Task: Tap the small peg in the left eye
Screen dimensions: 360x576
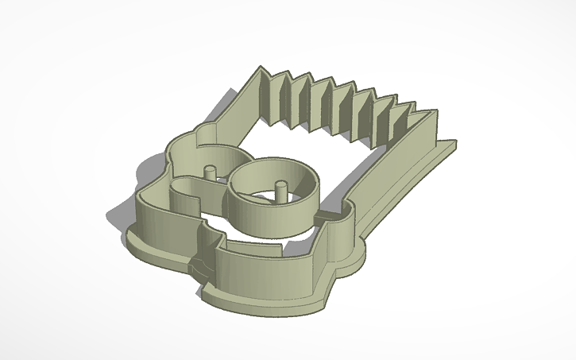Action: pyautogui.click(x=211, y=173)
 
